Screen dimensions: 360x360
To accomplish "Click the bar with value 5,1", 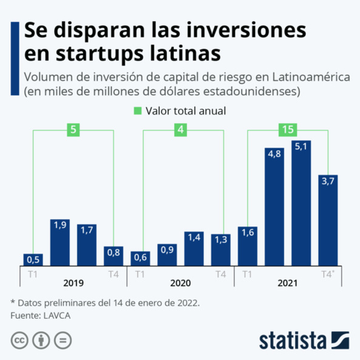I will (301, 203).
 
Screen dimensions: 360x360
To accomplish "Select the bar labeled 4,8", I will (274, 206).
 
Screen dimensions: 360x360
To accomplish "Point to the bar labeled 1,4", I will (194, 249).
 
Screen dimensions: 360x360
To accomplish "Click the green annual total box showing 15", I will (287, 129).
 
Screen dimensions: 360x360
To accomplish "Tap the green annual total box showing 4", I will (180, 129).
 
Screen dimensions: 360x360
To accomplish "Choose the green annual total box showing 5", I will (73, 129).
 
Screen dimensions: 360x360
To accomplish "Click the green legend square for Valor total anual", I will (137, 111).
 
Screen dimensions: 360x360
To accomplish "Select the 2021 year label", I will (287, 283).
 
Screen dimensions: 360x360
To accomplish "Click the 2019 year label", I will (73, 283).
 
